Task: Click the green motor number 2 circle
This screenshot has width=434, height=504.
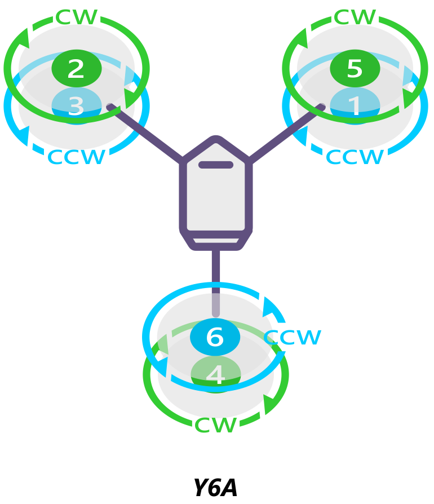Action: coord(76,68)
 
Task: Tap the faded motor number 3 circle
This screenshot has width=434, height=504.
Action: coord(76,105)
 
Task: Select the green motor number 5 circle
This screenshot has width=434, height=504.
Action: coord(355,68)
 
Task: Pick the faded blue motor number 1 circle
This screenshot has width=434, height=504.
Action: coord(355,105)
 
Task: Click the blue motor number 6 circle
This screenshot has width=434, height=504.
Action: coord(215,337)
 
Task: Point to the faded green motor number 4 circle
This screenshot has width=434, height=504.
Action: coord(215,374)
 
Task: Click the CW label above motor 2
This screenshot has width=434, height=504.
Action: coord(77,17)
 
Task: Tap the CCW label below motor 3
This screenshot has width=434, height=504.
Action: coord(77,157)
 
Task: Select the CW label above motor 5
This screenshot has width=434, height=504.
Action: coord(355,17)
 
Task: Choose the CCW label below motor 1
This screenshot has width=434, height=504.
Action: coord(355,157)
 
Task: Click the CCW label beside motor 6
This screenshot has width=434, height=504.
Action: coord(293,337)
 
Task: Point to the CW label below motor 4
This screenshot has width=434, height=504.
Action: coord(215,425)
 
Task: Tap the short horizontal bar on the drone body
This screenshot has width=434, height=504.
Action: coord(215,165)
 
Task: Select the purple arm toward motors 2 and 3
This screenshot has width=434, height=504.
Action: coord(145,133)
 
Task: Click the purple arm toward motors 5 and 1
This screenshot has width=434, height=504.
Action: coord(286,133)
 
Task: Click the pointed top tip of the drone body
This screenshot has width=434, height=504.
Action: coord(215,139)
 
